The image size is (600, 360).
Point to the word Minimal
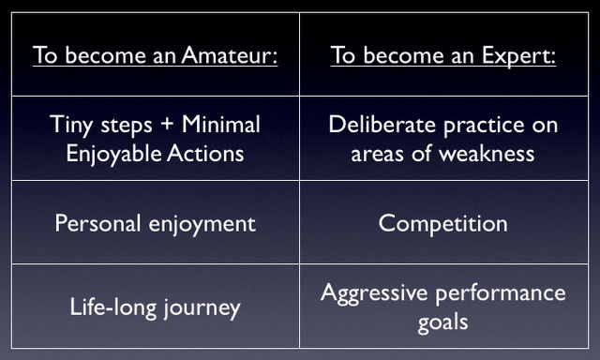(220, 124)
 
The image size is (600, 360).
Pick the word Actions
(202, 151)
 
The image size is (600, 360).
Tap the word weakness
(487, 151)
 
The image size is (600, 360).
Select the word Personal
(97, 223)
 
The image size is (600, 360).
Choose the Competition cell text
(442, 223)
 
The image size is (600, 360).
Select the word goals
(442, 322)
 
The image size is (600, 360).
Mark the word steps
(128, 126)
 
